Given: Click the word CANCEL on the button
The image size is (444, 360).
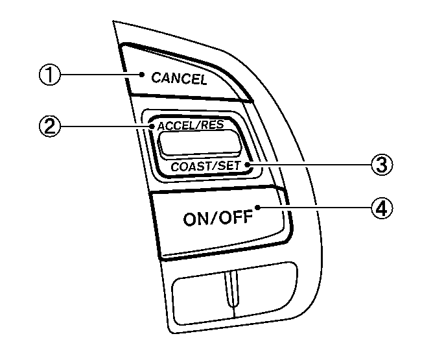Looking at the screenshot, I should pyautogui.click(x=179, y=79).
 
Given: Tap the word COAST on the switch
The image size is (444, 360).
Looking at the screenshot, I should pyautogui.click(x=189, y=166).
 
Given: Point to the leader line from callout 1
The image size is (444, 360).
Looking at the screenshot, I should pyautogui.click(x=100, y=75).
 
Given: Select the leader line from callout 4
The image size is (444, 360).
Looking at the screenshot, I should pyautogui.click(x=314, y=208).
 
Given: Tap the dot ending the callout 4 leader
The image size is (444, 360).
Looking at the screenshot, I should pyautogui.click(x=257, y=208).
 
